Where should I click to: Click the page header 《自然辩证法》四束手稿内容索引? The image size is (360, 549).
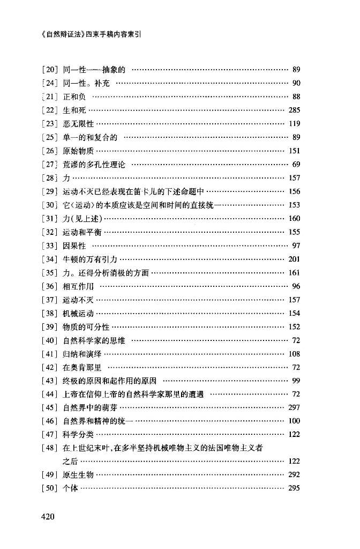click(91, 34)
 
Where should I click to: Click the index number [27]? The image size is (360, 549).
click(49, 165)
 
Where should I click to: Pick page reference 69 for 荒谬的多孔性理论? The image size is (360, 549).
click(296, 165)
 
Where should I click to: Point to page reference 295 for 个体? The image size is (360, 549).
click(294, 488)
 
